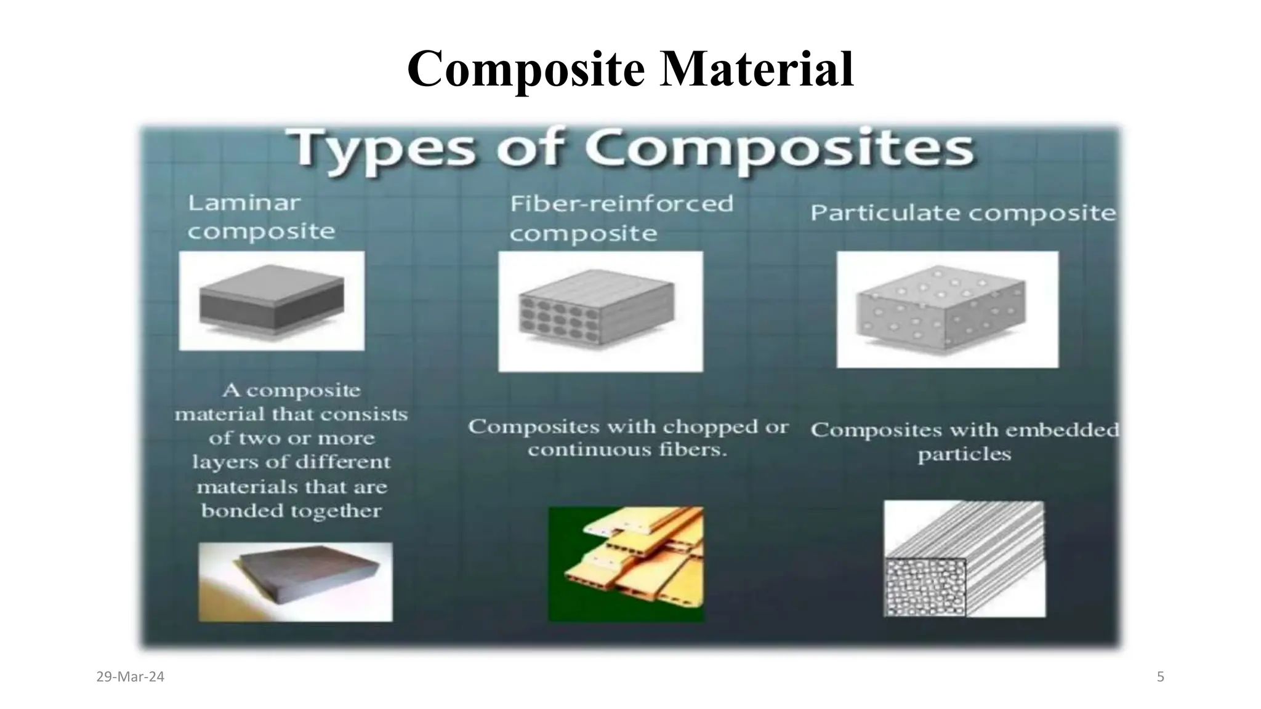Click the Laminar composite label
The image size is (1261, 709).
click(261, 217)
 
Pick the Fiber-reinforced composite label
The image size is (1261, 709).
click(621, 218)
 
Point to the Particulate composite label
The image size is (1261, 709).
click(962, 213)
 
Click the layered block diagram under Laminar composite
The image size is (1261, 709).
click(272, 300)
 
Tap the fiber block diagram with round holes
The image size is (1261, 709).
click(600, 311)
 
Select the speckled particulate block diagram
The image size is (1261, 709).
click(947, 309)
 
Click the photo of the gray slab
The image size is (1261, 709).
click(295, 582)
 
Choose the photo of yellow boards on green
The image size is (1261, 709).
click(626, 564)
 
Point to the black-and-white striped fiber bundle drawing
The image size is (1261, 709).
click(964, 559)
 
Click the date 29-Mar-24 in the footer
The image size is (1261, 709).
click(131, 677)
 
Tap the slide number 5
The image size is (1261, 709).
click(1161, 677)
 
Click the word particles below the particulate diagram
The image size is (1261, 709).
click(964, 454)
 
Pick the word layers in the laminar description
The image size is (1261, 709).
click(219, 462)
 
